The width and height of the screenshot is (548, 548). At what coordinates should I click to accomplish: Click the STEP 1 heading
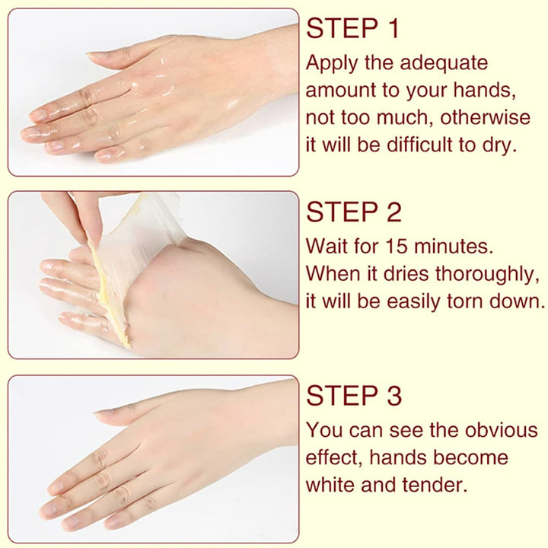[x=352, y=29]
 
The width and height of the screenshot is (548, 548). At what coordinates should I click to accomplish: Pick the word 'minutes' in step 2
[x=454, y=246]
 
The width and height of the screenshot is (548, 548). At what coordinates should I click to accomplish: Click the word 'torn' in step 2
[x=457, y=301]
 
